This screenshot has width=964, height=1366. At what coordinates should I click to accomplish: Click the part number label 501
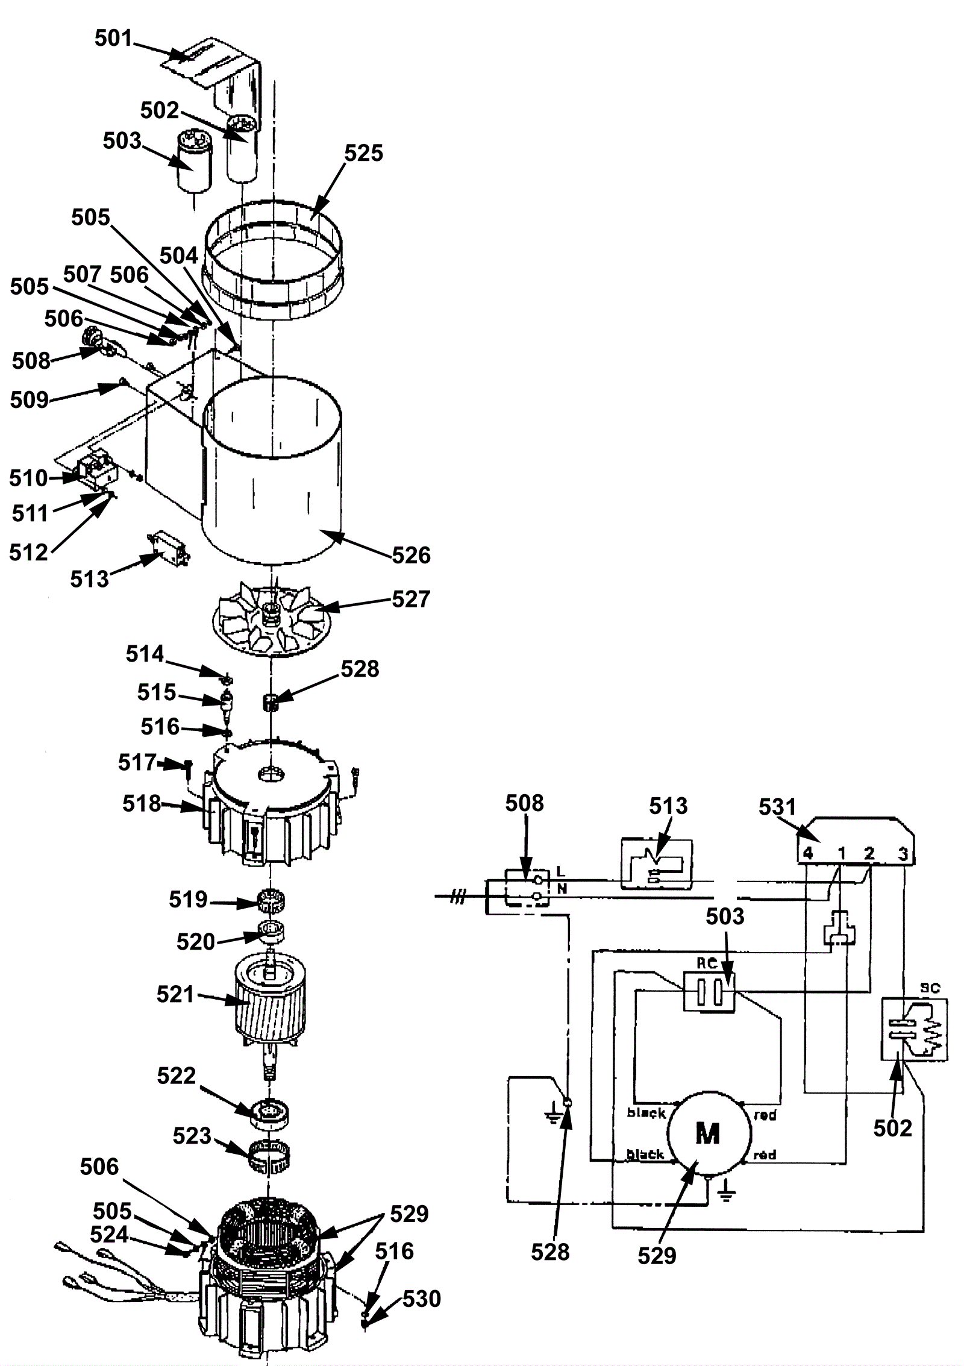point(113,38)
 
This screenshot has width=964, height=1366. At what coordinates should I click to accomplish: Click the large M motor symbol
point(707,1133)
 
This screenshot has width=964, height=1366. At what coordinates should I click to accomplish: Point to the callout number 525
point(363,153)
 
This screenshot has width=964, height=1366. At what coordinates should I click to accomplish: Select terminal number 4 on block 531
point(807,853)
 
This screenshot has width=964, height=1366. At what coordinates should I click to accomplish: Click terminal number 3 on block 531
point(902,854)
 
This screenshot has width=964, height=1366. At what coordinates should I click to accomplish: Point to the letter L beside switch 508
point(561,871)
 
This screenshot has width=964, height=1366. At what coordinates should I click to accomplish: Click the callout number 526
point(412,555)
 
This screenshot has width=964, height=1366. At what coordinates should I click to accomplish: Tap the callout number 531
point(777,807)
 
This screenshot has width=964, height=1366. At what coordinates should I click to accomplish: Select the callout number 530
point(422,1299)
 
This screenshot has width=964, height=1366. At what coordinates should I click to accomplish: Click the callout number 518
point(142,803)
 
